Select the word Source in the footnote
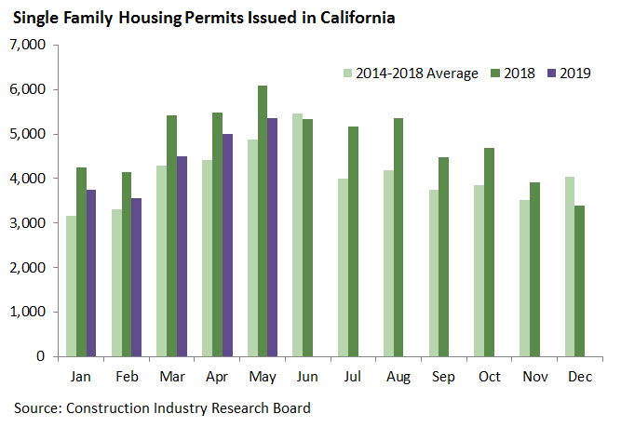(34, 407)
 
